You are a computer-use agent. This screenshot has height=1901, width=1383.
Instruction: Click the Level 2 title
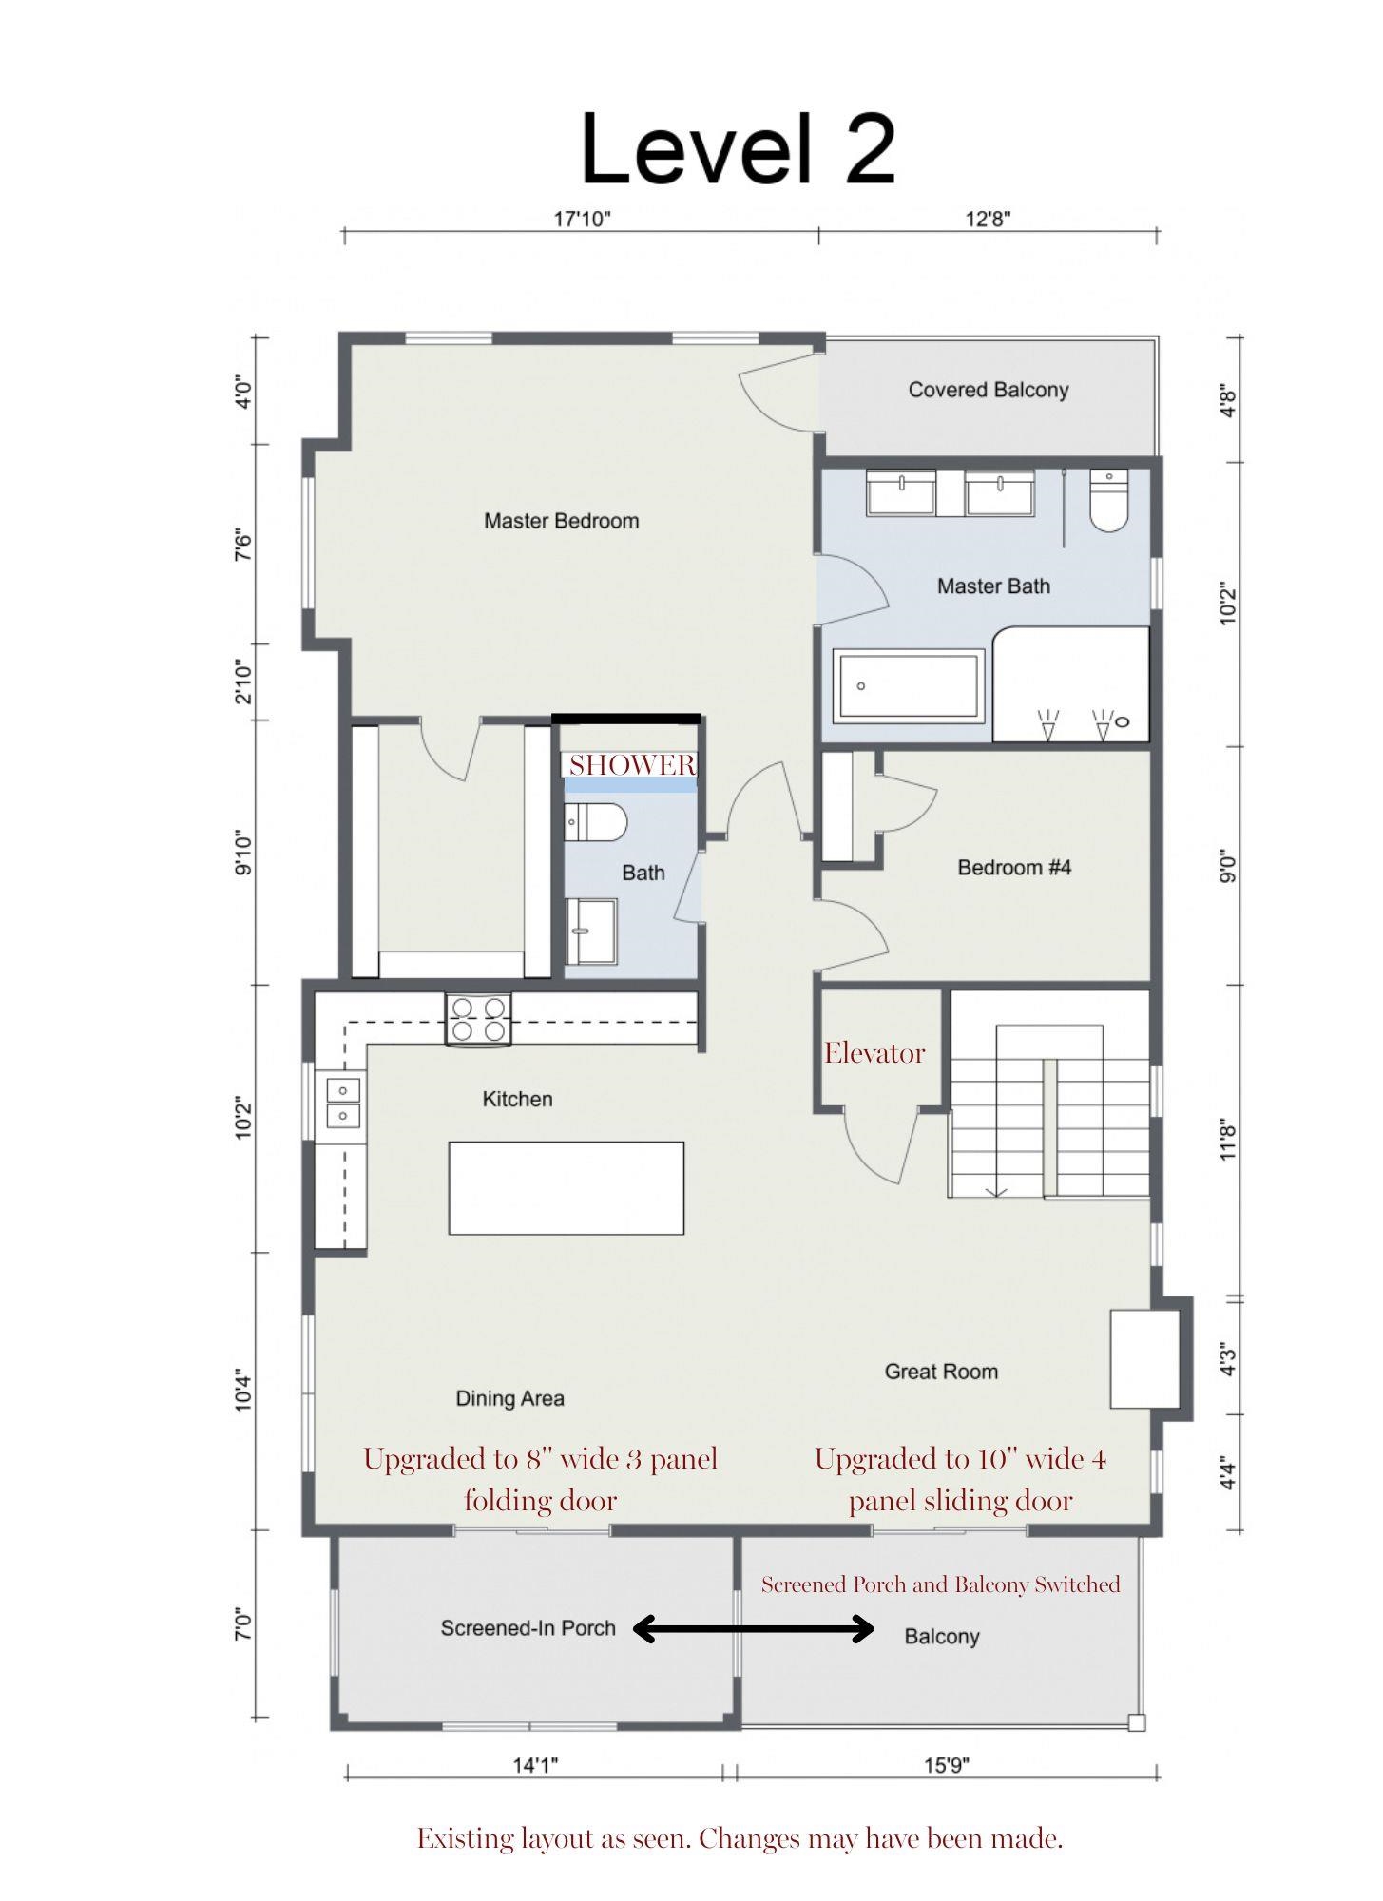tap(739, 149)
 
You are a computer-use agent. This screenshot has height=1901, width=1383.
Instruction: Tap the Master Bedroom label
tap(562, 521)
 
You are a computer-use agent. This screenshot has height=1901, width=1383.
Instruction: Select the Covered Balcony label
tap(989, 390)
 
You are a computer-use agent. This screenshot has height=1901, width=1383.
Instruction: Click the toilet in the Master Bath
tap(1107, 500)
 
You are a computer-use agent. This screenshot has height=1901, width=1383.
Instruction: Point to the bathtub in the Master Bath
tap(909, 684)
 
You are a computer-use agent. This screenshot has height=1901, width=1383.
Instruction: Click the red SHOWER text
tap(632, 765)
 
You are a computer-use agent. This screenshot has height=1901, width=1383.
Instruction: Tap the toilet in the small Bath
tap(596, 822)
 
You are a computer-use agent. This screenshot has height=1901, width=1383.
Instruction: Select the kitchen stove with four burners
tap(479, 1019)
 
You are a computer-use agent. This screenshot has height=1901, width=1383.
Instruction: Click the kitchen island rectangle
tap(567, 1188)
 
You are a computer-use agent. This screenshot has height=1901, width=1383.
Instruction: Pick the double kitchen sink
tap(343, 1102)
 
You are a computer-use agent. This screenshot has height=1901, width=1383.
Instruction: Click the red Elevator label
tap(874, 1053)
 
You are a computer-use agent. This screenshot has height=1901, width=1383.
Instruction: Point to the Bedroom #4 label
tap(1014, 868)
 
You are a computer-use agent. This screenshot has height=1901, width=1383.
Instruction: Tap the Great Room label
tap(941, 1372)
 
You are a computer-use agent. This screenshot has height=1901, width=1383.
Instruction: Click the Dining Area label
tap(509, 1398)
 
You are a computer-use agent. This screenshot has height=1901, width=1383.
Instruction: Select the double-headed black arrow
tap(754, 1629)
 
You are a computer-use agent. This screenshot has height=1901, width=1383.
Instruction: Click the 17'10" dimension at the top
tap(582, 220)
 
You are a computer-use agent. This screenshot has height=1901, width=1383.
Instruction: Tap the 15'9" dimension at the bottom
tap(947, 1766)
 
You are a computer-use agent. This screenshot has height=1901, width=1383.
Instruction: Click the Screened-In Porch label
tap(528, 1628)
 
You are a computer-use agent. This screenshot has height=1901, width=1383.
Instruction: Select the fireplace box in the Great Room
tap(1145, 1359)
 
